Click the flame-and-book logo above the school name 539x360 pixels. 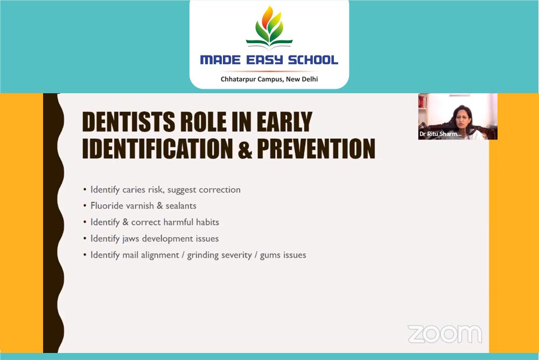coord(269,27)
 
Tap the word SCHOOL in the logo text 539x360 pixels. coord(313,60)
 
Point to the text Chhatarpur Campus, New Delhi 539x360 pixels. coord(269,79)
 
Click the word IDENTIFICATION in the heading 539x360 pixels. coord(157,149)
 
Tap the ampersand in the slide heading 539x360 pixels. coord(245,149)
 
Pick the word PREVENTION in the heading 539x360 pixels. coord(316,149)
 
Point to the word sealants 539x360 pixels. coord(181,206)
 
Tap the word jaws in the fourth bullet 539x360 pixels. coord(131,239)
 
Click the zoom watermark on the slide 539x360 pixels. coord(445,334)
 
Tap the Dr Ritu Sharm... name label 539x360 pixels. coord(440,134)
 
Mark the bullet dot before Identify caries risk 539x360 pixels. coord(85,190)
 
